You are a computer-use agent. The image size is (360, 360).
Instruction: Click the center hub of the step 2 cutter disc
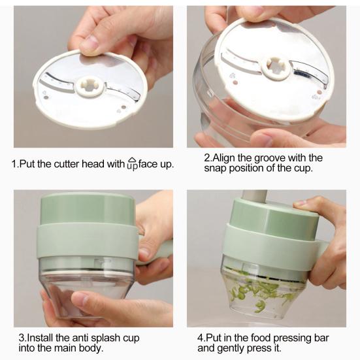pyautogui.click(x=276, y=68)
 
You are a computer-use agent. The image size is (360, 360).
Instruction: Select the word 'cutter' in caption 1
pyautogui.click(x=67, y=164)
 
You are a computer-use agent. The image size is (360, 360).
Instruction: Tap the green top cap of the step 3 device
pyautogui.click(x=88, y=208)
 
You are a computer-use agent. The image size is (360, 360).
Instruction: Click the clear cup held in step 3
pyautogui.click(x=88, y=287)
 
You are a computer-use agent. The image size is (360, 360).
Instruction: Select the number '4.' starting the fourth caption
pyautogui.click(x=201, y=338)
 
